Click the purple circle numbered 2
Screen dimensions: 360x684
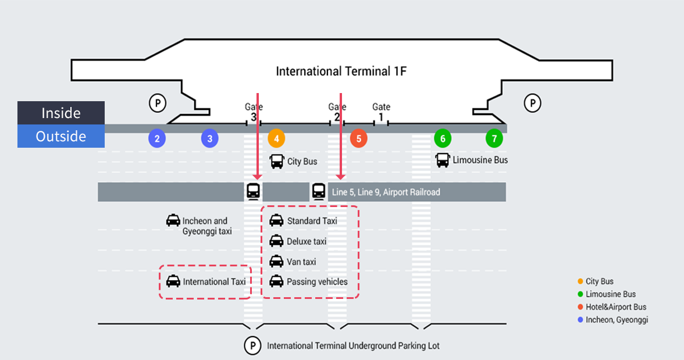(157, 138)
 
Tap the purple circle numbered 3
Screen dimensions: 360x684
(210, 138)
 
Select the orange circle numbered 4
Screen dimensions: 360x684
(276, 138)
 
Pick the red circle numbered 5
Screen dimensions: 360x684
(359, 138)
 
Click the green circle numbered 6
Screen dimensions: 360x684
(443, 138)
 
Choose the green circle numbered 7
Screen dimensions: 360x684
(494, 138)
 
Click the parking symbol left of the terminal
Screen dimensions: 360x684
(158, 104)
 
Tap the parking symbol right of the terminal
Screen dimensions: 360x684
(532, 104)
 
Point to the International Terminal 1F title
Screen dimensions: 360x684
(341, 72)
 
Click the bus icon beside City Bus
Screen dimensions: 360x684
(277, 161)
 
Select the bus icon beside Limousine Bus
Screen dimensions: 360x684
(443, 160)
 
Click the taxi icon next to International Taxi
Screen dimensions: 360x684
(173, 281)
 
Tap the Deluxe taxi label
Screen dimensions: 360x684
(307, 241)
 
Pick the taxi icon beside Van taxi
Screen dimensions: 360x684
(276, 262)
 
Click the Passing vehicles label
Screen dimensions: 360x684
(317, 282)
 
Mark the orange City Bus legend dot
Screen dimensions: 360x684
(580, 281)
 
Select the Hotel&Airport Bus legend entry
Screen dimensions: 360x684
(615, 307)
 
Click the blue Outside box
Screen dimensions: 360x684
(61, 136)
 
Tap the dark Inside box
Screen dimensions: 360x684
(61, 113)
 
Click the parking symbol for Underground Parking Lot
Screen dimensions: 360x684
(252, 345)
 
